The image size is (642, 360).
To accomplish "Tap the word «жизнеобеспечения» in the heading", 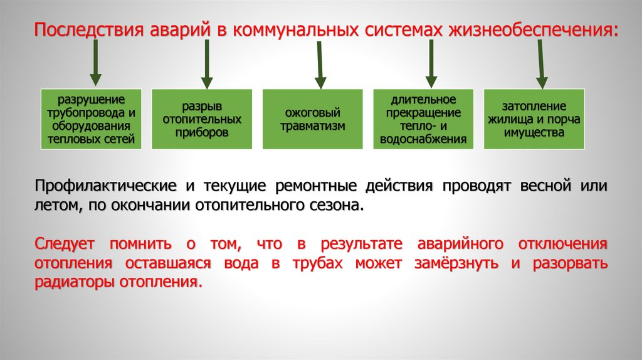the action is coord(531,31).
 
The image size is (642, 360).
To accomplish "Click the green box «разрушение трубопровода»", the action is coord(92,119).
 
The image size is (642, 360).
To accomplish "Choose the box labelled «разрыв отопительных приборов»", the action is coord(202,119).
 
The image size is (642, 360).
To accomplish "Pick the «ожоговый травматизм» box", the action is coord(312,119).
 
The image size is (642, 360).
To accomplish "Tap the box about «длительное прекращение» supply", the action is coord(423,119).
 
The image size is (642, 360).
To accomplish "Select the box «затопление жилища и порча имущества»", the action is coord(534,119).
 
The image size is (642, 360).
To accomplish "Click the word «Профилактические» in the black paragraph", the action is coord(105,187).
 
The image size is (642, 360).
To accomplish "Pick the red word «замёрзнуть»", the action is coord(456,263).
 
